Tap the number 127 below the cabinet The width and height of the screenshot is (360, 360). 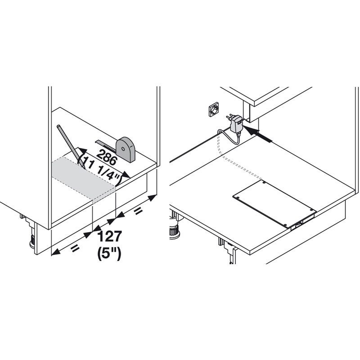109,237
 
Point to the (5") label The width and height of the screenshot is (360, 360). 109,254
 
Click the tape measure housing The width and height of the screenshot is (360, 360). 126,150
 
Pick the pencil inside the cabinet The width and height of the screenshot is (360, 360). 71,146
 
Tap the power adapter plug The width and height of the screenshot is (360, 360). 235,123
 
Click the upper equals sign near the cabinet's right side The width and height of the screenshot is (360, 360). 138,211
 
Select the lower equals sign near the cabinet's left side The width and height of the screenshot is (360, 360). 75,248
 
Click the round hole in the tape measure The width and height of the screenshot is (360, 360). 123,149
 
